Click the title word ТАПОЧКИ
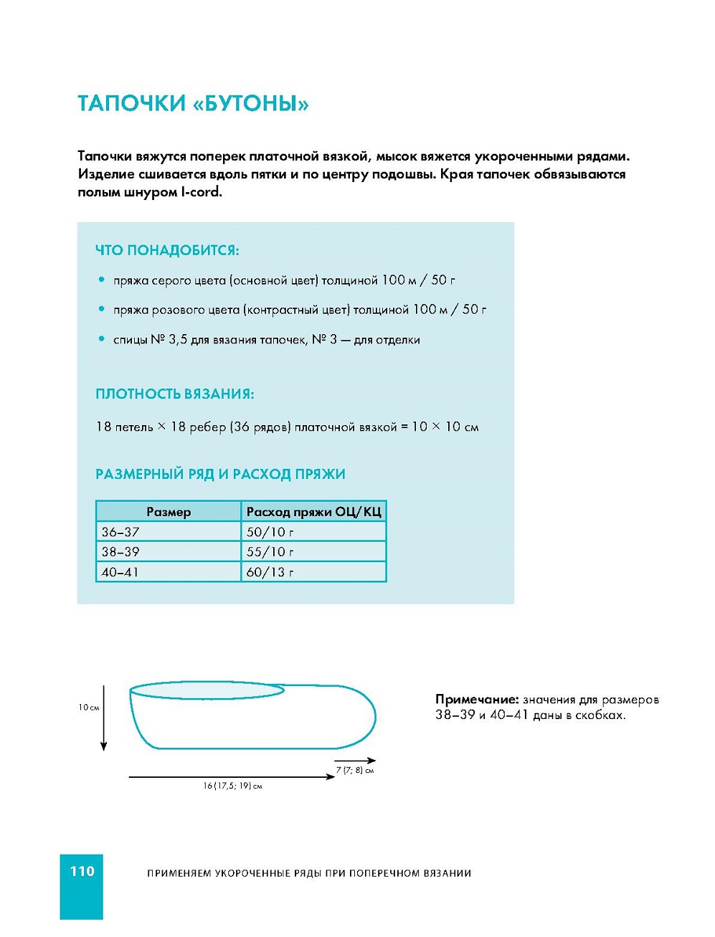(131, 104)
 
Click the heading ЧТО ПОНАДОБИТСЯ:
(167, 250)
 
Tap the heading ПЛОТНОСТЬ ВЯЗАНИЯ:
(174, 394)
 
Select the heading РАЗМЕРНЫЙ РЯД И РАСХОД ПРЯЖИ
(220, 474)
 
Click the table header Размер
(169, 512)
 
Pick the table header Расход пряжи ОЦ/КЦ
(313, 512)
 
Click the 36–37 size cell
(120, 532)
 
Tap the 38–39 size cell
(120, 552)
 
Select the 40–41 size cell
(120, 572)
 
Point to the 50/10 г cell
(270, 532)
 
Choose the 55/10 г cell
(270, 552)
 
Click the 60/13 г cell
(270, 572)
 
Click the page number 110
(82, 871)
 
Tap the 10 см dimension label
(89, 708)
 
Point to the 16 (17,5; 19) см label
(232, 786)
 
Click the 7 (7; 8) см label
(355, 771)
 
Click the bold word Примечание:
(476, 700)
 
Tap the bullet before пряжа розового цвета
(101, 309)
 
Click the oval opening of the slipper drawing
(207, 690)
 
